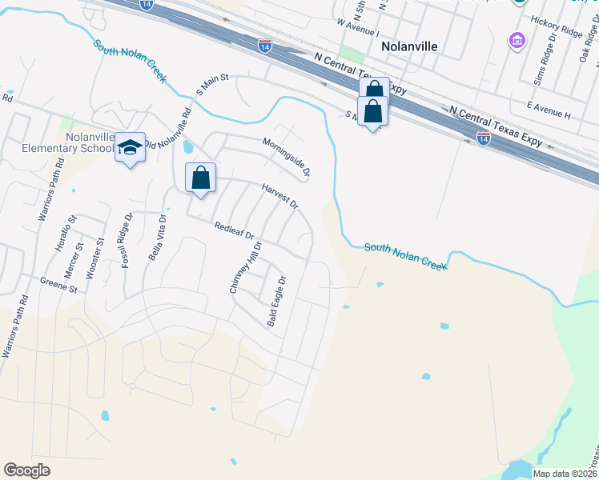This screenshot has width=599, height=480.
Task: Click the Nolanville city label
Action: point(409,46)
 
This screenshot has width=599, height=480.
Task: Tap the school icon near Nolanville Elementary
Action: point(131,148)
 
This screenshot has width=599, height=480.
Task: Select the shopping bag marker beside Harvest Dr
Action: point(201,178)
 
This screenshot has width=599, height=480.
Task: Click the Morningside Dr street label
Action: point(287,157)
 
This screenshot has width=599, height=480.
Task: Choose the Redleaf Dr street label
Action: point(234,231)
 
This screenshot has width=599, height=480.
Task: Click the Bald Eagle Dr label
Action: point(276,301)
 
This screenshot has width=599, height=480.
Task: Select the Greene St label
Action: point(58,284)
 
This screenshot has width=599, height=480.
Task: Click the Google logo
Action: point(26,470)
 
